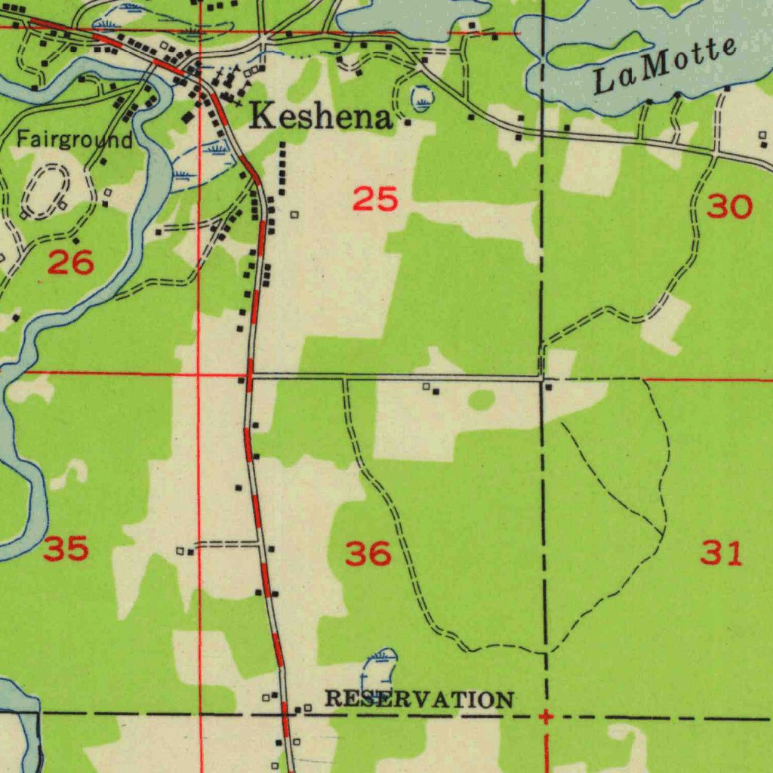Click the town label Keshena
[322, 117]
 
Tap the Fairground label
[75, 140]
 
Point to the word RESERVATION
[420, 700]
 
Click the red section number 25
[375, 200]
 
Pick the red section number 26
[71, 263]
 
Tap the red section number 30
[729, 206]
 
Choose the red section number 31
[722, 553]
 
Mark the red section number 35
[66, 549]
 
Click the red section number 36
[368, 554]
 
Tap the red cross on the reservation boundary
[545, 716]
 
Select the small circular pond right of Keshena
[422, 98]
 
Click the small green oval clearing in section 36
[482, 400]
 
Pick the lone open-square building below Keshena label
[294, 215]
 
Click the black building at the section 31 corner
[549, 387]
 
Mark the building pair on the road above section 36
[431, 389]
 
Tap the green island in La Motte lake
[596, 51]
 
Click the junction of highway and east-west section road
[250, 374]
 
